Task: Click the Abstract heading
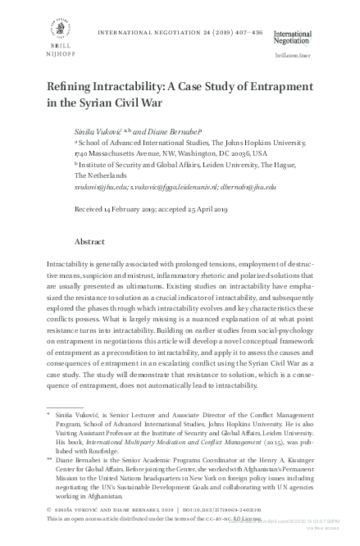click(x=89, y=243)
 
